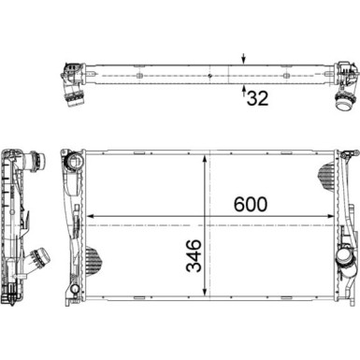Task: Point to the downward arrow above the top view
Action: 244,58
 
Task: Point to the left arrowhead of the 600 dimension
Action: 91,219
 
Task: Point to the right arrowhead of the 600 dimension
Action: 332,219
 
